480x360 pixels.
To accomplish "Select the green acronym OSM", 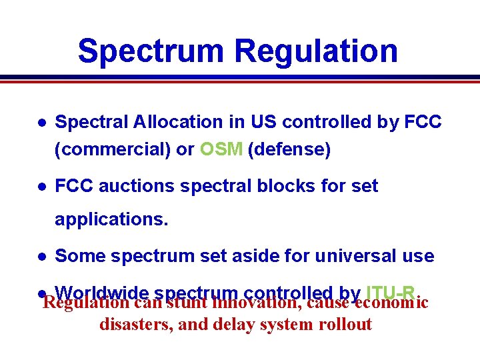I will tap(221, 149).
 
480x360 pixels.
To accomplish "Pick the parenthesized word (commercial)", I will tap(113, 149).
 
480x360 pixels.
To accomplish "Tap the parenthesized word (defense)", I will tap(289, 149).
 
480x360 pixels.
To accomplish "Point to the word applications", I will tap(111, 219).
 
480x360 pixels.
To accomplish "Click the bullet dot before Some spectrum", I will tap(41, 256).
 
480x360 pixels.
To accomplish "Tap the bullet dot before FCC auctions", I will tap(41, 187).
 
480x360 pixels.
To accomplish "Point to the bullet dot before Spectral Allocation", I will tap(41, 123).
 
